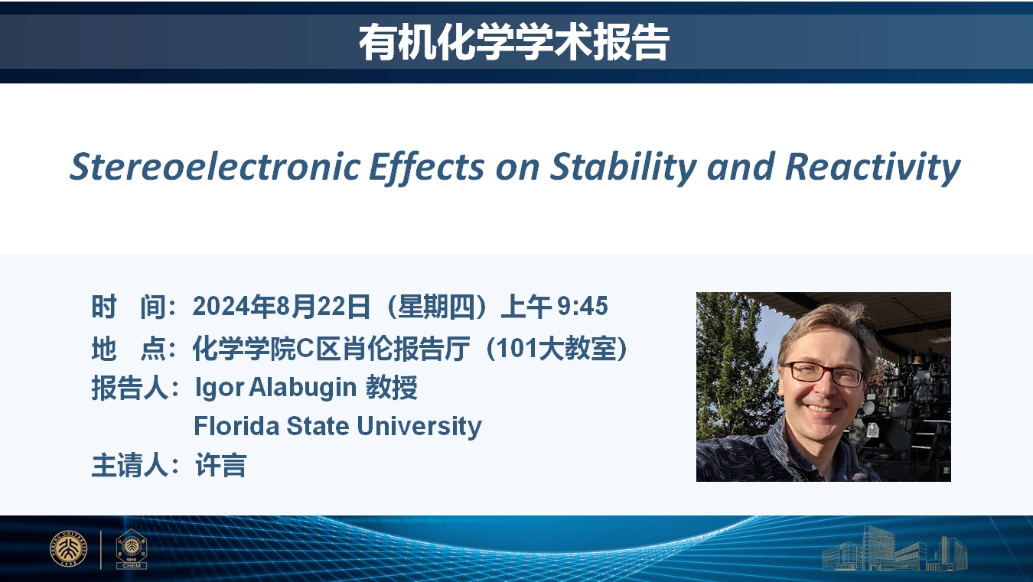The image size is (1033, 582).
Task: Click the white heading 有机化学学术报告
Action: (x=513, y=42)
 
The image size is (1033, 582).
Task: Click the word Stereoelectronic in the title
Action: (x=215, y=167)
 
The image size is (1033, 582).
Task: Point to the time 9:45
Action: (x=582, y=306)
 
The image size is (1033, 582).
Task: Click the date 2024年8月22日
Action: (x=282, y=307)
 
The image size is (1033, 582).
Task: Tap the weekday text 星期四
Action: (x=436, y=307)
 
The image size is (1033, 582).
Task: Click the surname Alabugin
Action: (x=302, y=387)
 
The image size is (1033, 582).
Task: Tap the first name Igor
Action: (x=219, y=387)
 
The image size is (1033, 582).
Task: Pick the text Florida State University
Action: (x=337, y=426)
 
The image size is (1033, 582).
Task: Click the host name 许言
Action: (x=221, y=465)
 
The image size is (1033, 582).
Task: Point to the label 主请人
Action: (x=129, y=465)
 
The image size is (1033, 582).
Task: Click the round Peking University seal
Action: (x=68, y=549)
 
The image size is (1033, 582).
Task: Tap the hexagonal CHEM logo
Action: (x=132, y=549)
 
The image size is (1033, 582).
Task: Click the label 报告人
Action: (x=129, y=388)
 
